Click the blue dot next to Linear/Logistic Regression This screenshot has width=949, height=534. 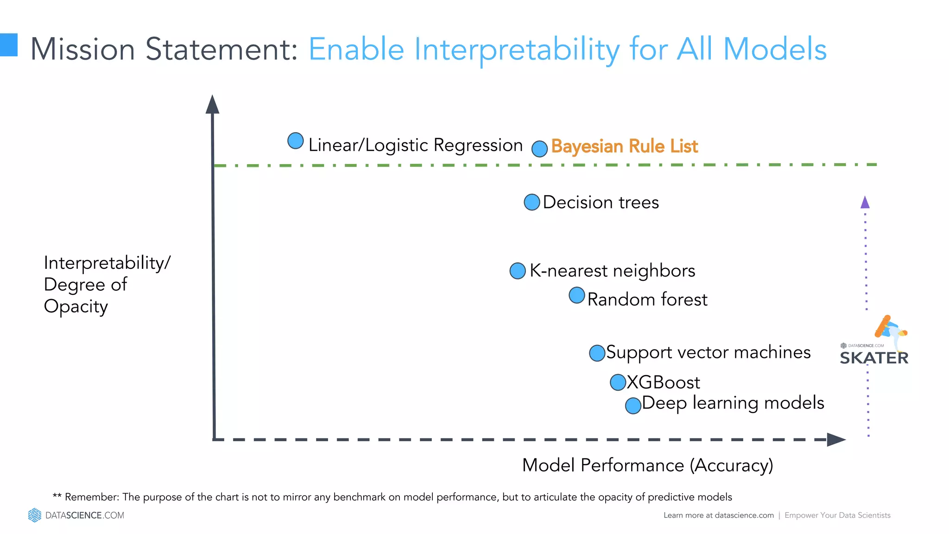tap(296, 140)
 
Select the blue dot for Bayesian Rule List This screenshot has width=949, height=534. tap(539, 149)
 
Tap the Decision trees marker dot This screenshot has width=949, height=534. tap(532, 202)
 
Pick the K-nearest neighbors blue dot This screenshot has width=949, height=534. tap(518, 271)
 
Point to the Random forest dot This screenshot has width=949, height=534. tap(577, 295)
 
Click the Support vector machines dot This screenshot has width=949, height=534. tap(597, 353)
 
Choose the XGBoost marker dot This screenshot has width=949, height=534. tap(618, 382)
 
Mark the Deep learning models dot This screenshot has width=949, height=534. tap(633, 406)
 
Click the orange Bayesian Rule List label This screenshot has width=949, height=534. tap(624, 146)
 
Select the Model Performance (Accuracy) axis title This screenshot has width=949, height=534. tap(647, 465)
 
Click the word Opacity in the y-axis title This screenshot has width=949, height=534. tap(76, 307)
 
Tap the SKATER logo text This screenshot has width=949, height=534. tap(874, 358)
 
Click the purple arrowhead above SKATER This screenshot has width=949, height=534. tap(865, 202)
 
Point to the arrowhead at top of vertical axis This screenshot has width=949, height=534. tap(212, 105)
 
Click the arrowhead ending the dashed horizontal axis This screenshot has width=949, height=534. tap(836, 439)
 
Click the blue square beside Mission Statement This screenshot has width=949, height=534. tap(8, 45)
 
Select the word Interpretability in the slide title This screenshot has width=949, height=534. tap(517, 49)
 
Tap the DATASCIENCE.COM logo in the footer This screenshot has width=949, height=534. tap(76, 515)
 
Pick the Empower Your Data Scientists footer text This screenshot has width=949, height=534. tap(837, 515)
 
